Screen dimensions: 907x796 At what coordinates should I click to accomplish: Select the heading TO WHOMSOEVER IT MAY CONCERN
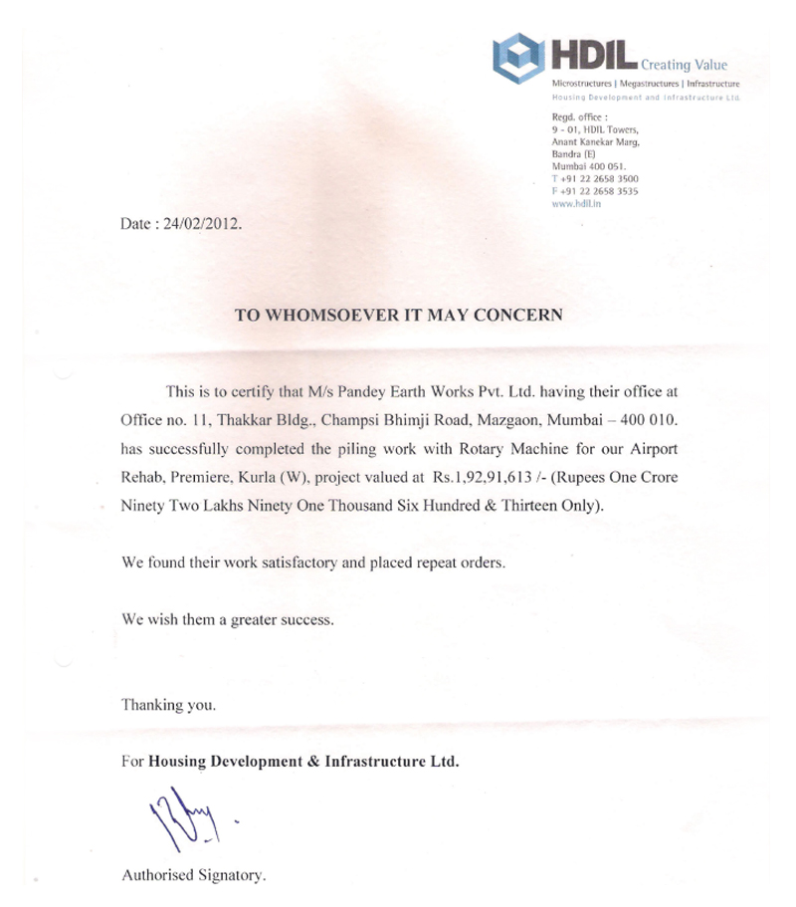coord(398,315)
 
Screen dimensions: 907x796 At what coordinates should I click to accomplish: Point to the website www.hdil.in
coord(579,202)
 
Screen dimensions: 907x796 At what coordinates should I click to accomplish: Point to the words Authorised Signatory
coord(193,877)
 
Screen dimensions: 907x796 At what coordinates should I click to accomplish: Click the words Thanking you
coord(168,706)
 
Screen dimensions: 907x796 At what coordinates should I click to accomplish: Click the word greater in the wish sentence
coord(261,619)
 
